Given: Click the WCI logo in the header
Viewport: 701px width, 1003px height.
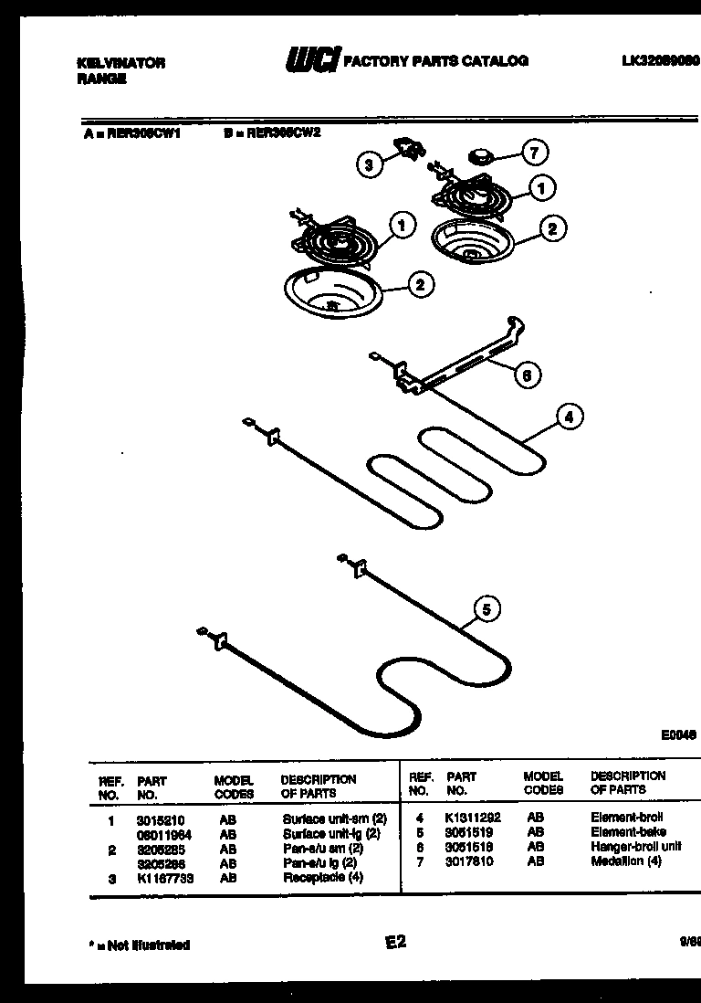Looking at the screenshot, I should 312,61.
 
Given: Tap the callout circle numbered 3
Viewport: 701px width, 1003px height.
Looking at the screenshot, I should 368,165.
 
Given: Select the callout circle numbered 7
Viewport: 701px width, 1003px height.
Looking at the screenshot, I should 535,153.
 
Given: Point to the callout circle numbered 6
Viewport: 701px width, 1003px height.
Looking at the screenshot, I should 527,374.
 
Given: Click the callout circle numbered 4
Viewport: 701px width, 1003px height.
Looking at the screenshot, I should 569,417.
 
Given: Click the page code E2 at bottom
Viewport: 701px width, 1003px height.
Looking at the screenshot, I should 394,943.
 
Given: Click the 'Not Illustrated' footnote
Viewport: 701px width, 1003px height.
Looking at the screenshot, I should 141,945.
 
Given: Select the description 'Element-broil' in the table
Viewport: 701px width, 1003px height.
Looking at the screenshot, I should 626,817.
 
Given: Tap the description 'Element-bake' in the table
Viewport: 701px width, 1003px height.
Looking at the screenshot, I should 628,832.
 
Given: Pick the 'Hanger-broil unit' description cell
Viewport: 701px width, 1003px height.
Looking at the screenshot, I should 635,847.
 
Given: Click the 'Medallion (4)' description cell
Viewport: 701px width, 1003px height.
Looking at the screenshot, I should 625,861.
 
